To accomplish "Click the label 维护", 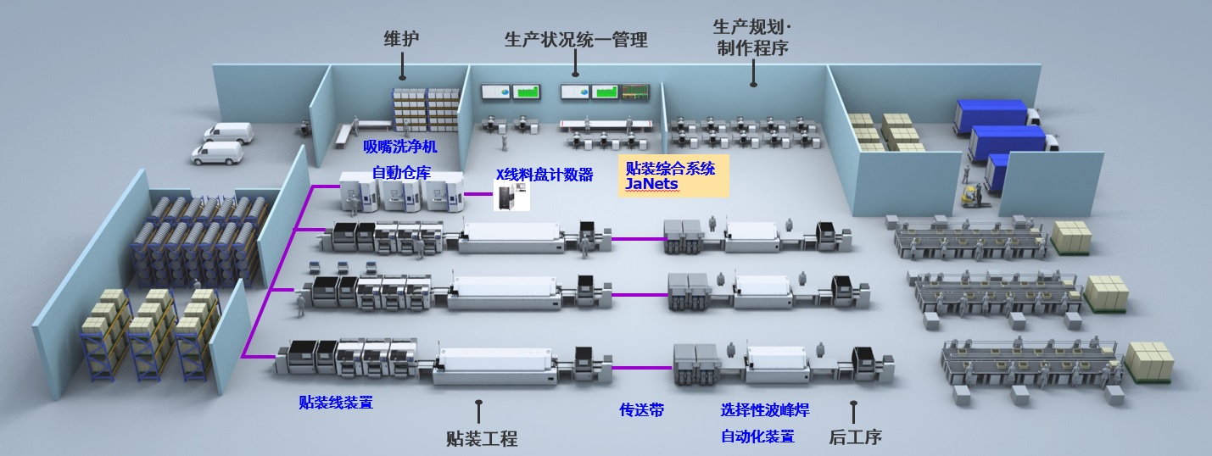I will pos(402,39).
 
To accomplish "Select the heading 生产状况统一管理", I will pos(575,40).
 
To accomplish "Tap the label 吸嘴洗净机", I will pos(400,147).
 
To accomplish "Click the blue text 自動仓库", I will pos(401,173).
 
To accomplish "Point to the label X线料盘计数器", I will pos(544,175).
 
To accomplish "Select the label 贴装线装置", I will pos(336,402).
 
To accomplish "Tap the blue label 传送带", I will pos(641,410).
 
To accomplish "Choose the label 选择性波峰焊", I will pos(764,410).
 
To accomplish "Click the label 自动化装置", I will pos(757,437).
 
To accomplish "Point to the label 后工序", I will pos(854,437).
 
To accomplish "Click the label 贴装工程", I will pos(481,438).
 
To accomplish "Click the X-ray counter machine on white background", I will pos(513,196).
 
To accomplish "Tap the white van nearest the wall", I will pos(229,131).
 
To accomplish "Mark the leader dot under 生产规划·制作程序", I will pos(753,84).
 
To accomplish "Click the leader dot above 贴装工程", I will pos(479,403).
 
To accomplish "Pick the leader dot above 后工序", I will pos(853,404).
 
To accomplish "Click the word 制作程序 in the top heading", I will pos(751,49).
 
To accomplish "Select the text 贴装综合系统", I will pos(670,168).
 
